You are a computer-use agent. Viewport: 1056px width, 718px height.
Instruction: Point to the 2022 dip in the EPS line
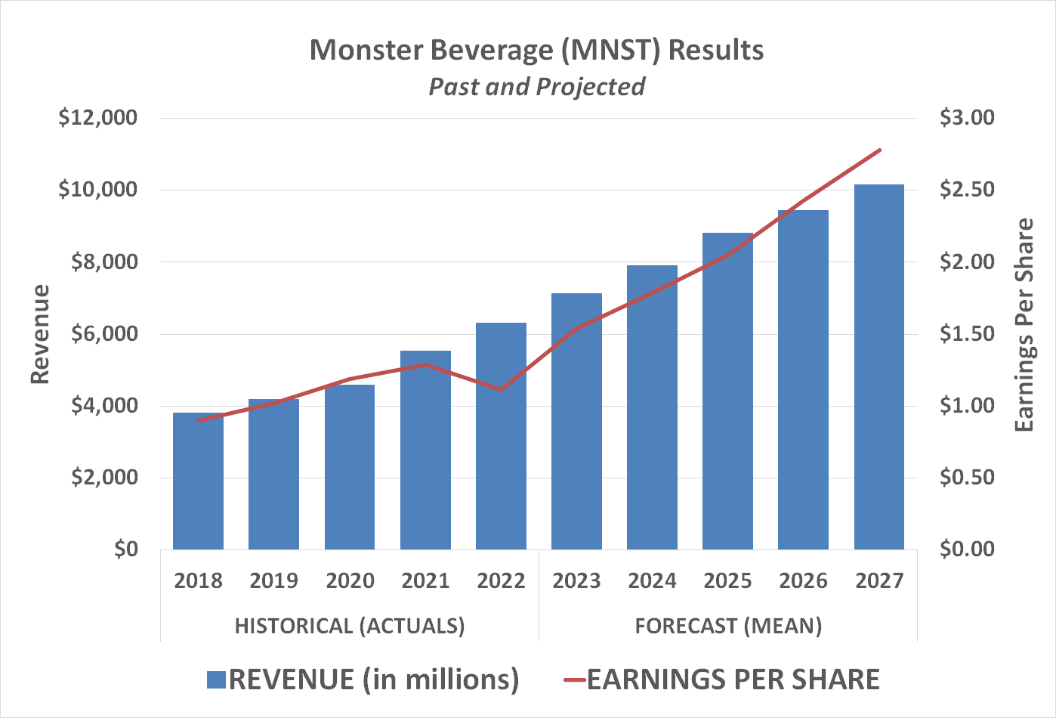[501, 389]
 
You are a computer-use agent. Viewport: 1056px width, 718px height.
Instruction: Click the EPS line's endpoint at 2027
[880, 150]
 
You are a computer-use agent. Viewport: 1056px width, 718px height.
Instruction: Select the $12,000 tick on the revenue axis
[97, 118]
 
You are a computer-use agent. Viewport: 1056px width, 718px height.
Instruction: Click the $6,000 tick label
[103, 333]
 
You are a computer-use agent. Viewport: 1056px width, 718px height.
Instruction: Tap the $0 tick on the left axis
[125, 549]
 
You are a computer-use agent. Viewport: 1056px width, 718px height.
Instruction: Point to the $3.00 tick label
[967, 118]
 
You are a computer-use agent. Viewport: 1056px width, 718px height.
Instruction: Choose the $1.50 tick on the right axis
[967, 333]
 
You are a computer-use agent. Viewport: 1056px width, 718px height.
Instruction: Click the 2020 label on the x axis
[350, 580]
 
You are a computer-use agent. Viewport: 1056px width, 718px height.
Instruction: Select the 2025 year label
[727, 580]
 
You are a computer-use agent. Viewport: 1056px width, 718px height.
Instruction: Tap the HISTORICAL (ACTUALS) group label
[350, 626]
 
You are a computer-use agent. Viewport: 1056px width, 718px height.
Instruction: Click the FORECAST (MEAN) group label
[728, 626]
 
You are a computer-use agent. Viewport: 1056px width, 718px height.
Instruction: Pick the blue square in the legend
[216, 679]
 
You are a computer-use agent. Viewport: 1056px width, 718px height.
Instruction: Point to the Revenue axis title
[39, 334]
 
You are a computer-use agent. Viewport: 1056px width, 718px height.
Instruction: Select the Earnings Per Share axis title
[1024, 325]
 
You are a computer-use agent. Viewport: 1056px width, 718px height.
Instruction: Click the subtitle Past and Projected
[536, 86]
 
